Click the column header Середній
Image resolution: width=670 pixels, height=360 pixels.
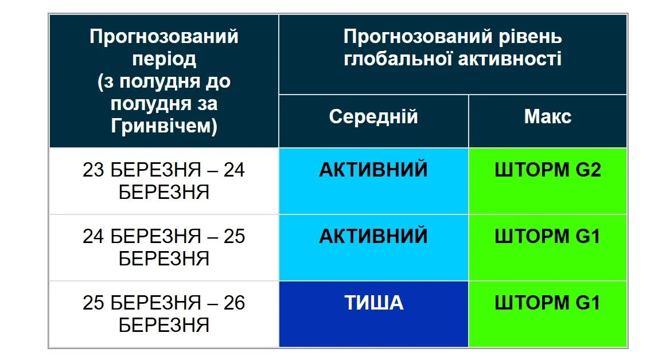coord(373,117)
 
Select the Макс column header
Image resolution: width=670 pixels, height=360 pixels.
coord(547,117)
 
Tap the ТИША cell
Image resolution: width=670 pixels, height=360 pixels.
coord(373,303)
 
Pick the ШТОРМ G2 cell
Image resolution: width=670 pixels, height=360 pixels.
coord(547,170)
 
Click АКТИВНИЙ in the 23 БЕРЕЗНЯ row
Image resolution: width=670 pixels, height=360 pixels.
coord(373,170)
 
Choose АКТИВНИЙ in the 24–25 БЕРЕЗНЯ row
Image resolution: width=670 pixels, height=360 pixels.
coord(373,236)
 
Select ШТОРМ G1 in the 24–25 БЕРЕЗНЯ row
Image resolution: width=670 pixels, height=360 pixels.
coord(547,236)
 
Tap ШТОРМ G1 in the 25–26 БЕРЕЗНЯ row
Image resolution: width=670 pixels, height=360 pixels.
coord(547,303)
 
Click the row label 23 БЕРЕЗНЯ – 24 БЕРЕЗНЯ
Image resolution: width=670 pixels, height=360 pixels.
coord(163,181)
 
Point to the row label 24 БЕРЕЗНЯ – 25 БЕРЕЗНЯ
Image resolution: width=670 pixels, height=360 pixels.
coord(163,247)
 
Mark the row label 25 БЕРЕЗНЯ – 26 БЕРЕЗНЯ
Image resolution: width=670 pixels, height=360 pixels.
coord(163,314)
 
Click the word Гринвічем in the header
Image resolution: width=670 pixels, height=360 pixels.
coord(163,126)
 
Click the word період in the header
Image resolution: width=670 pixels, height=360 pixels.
coord(163,59)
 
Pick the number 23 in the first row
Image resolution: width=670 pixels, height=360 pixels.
coord(94,170)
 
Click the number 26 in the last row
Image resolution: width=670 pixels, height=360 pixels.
coord(234,303)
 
